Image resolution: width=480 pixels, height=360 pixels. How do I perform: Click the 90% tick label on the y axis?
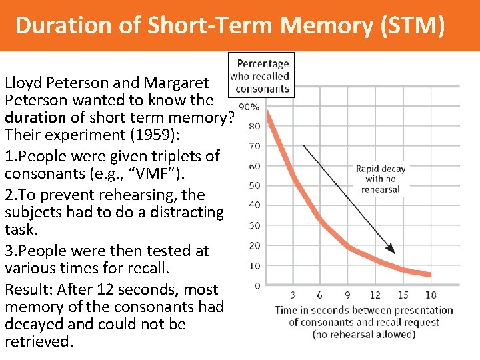250,107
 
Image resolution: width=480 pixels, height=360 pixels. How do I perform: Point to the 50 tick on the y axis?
254,185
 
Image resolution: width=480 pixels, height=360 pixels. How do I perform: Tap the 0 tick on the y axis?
257,286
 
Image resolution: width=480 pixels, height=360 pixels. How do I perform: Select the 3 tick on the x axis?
294,295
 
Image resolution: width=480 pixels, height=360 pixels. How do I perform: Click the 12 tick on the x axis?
375,295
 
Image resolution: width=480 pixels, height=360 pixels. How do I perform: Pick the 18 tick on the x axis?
430,295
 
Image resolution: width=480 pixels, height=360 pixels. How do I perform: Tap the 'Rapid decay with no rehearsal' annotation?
380,179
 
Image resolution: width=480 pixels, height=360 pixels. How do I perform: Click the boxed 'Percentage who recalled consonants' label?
261,76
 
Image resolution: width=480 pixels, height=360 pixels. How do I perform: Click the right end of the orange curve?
429,274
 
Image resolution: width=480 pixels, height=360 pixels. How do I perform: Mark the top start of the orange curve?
268,113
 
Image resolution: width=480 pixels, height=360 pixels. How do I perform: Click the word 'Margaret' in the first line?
175,83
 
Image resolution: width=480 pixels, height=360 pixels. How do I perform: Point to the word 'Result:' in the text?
29,289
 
